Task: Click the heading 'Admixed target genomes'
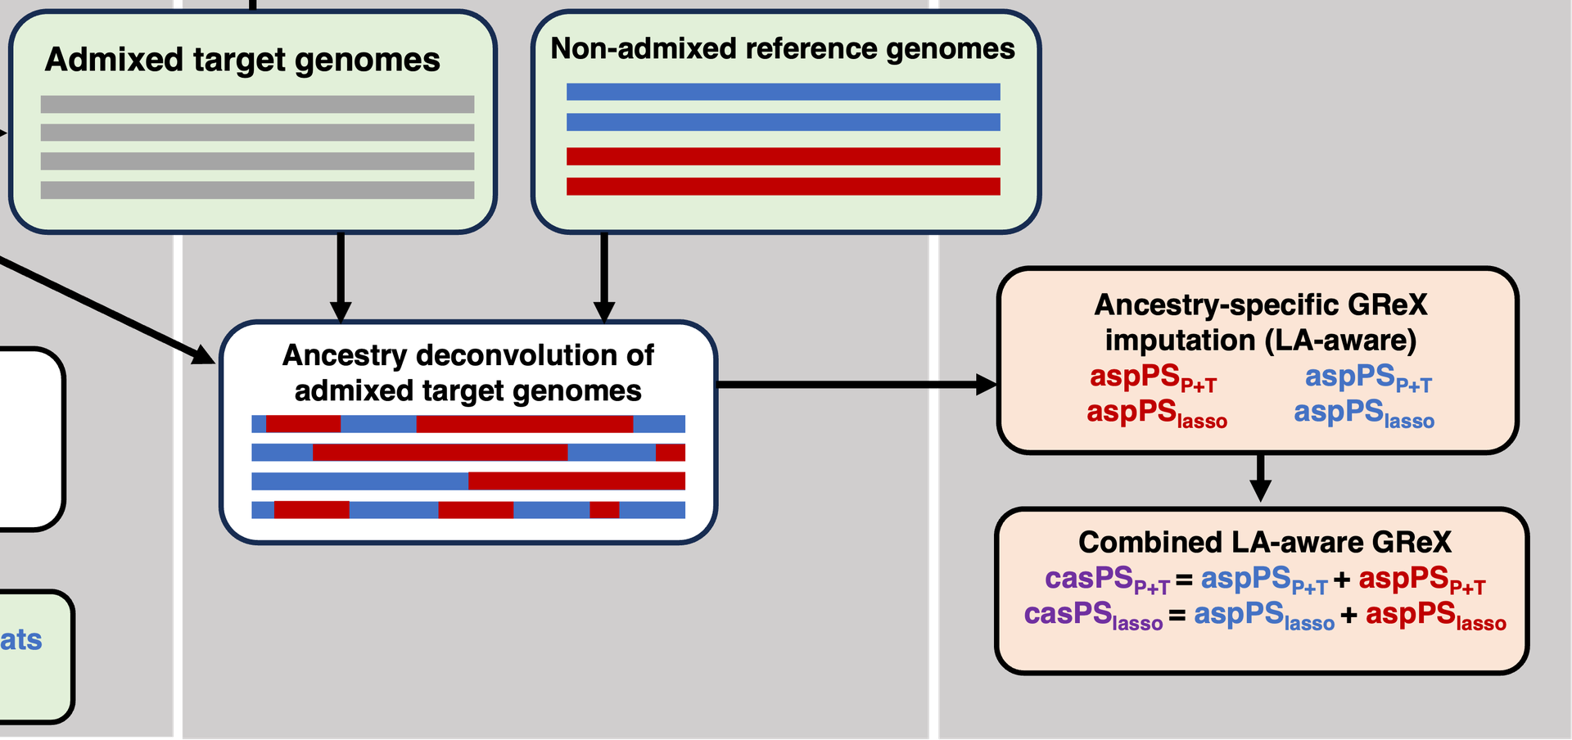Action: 242,61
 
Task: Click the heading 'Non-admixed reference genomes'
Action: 783,49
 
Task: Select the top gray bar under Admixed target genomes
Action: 257,104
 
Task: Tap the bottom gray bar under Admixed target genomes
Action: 257,190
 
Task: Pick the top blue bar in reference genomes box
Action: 783,92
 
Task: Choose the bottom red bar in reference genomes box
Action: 783,187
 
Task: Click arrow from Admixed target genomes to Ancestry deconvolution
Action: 341,277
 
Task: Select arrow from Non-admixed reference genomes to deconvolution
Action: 604,277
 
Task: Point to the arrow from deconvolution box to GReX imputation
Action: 857,384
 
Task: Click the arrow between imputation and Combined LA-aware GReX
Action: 1261,478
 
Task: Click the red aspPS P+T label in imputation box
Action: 1153,378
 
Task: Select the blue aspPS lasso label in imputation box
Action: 1364,413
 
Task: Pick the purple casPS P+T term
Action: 1107,580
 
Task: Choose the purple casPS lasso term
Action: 1093,616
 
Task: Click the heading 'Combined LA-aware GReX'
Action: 1264,542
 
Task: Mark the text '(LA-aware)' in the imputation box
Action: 1340,341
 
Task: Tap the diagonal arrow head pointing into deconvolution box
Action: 204,354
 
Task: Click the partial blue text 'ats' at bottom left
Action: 21,639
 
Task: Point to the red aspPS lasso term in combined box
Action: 1436,616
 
